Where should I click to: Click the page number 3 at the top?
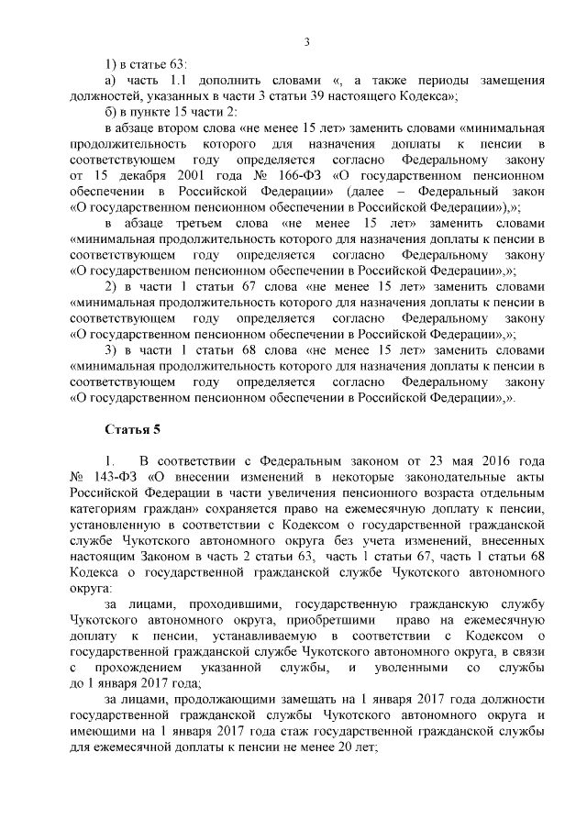(306, 42)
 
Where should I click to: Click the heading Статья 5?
(133, 426)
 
